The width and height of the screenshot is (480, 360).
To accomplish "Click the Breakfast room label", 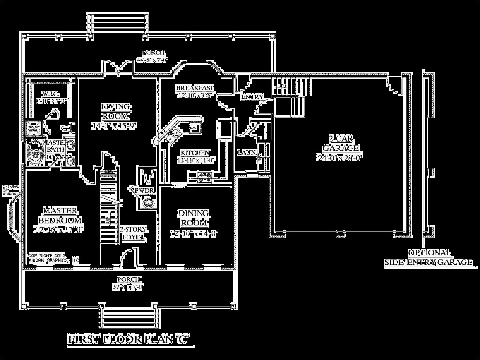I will point(195,88).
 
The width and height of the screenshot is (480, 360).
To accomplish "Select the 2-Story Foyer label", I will point(134,233).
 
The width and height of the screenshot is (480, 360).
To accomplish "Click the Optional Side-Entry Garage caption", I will point(428,258).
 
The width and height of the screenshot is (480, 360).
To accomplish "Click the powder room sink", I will point(148,202).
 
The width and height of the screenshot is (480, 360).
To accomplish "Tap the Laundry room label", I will point(247,152).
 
